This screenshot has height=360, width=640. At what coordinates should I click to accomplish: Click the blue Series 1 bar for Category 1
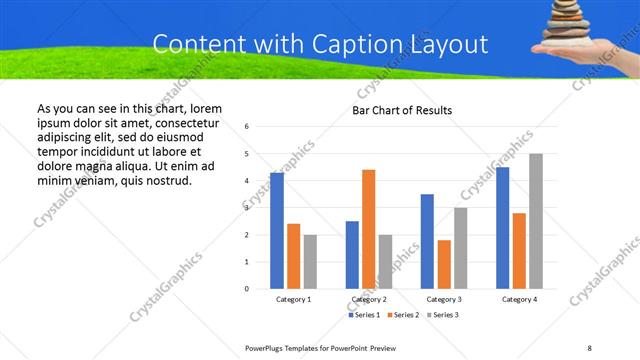277,231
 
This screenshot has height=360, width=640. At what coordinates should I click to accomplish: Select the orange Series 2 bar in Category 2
369,229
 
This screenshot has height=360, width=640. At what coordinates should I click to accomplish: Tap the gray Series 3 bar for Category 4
536,221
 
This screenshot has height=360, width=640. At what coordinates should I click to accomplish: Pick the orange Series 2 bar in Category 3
444,264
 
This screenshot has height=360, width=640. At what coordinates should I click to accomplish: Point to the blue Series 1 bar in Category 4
502,228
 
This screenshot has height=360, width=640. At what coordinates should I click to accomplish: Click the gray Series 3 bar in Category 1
310,262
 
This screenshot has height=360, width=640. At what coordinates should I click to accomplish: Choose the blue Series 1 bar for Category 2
352,255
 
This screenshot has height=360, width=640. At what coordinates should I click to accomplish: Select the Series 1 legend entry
363,315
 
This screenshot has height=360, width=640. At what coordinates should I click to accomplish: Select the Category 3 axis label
444,300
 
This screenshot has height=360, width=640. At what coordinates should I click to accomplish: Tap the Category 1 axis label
294,300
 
